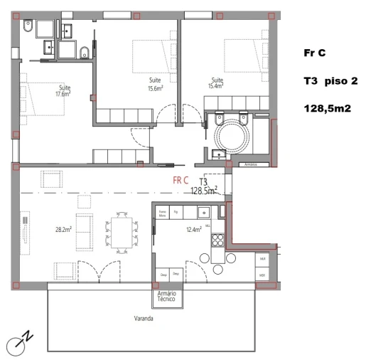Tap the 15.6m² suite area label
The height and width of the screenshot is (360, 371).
pyautogui.click(x=155, y=85)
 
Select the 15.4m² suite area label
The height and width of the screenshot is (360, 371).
pyautogui.click(x=217, y=83)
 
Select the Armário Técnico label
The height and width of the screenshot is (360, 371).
pyautogui.click(x=167, y=297)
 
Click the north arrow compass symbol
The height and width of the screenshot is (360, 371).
pyautogui.click(x=18, y=343)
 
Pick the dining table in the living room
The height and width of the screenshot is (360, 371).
pyautogui.click(x=121, y=233)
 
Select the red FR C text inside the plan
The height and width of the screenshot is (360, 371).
pyautogui.click(x=181, y=181)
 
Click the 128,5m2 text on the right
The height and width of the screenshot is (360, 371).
pyautogui.click(x=327, y=108)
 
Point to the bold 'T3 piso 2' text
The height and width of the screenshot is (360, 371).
pyautogui.click(x=330, y=80)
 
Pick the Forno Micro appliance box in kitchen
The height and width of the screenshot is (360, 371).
pyautogui.click(x=163, y=212)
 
